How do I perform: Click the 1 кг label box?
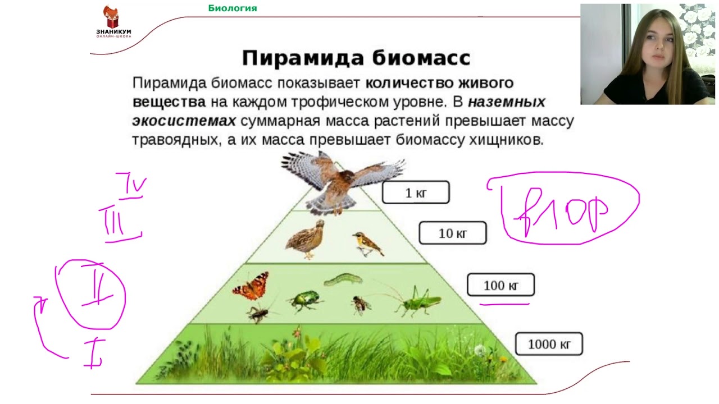416,192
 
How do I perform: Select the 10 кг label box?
452,233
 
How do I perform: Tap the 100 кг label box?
500,285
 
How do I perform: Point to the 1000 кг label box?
549,343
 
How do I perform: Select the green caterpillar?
342,278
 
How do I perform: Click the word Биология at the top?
233,8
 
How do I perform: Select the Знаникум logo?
113,22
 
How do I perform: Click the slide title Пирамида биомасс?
356,58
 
